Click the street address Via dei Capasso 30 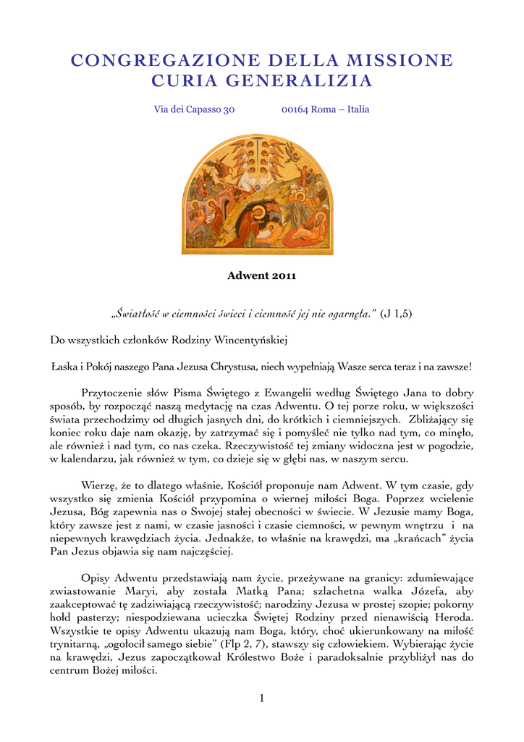tap(195, 109)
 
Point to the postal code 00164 tap(295, 109)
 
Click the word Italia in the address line tap(358, 109)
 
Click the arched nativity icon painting tap(257, 195)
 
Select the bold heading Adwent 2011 tap(262, 275)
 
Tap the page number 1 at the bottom tap(262, 698)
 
